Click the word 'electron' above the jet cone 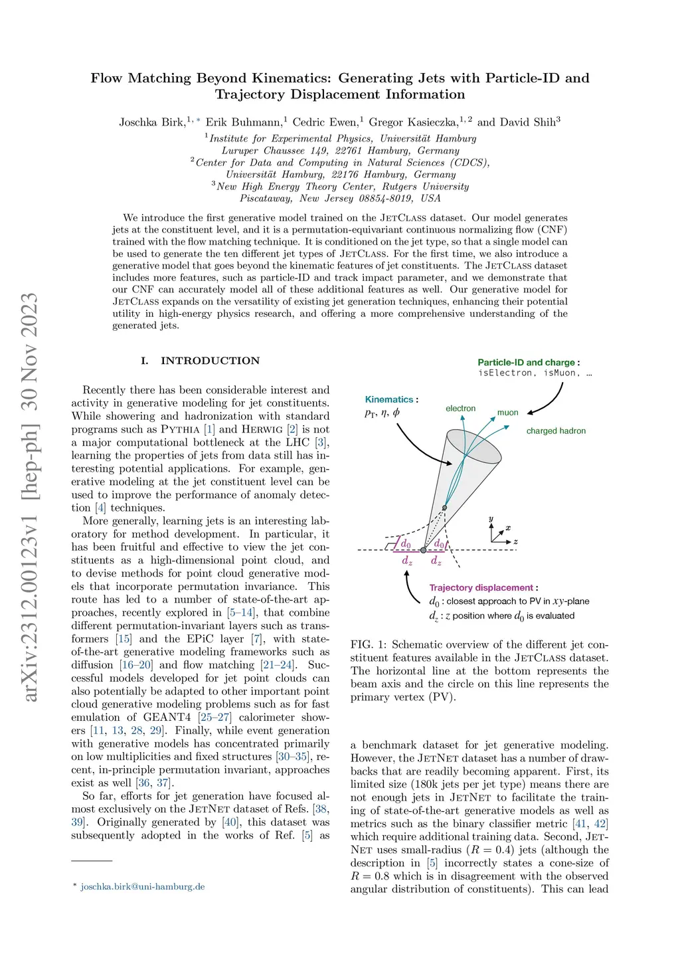pyautogui.click(x=460, y=409)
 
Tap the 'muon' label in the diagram pyautogui.click(x=507, y=413)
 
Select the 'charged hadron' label pyautogui.click(x=556, y=431)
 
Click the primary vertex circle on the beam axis pyautogui.click(x=424, y=550)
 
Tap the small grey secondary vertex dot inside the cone pyautogui.click(x=445, y=508)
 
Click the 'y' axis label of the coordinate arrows pyautogui.click(x=491, y=519)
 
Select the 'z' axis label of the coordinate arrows pyautogui.click(x=516, y=541)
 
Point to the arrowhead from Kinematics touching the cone pyautogui.click(x=450, y=463)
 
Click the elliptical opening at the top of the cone pyautogui.click(x=473, y=446)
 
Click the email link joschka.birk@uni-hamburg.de pyautogui.click(x=143, y=886)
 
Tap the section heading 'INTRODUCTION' pyautogui.click(x=210, y=361)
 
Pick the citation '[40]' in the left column pyautogui.click(x=230, y=822)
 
